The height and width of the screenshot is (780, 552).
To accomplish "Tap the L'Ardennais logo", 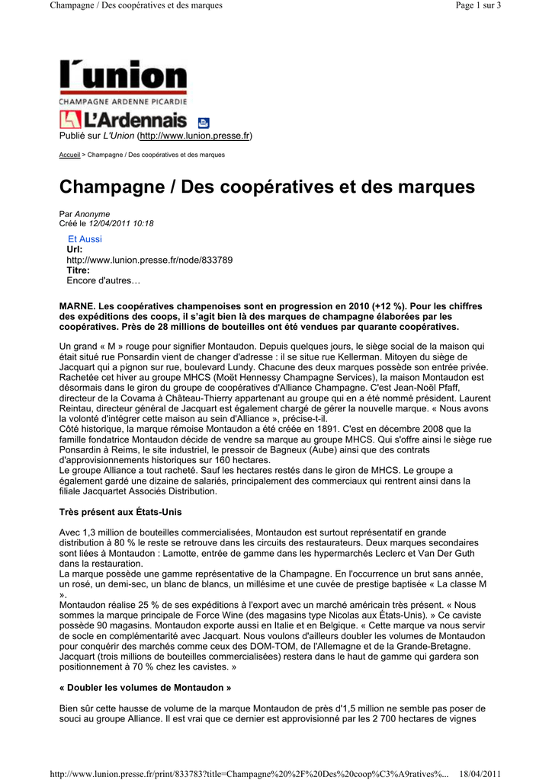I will coord(123,120).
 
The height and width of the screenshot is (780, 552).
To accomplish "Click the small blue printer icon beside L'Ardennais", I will coord(204,122).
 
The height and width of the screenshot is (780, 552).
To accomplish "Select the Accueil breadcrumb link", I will coord(69,155).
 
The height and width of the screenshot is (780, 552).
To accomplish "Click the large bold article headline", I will coord(267,187).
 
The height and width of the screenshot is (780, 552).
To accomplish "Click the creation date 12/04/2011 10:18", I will coord(121,224).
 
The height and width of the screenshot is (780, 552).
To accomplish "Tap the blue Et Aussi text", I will coord(85,239).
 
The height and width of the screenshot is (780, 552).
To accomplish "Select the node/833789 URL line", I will coord(149,260).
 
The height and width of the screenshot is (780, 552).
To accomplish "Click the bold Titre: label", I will coord(78,270).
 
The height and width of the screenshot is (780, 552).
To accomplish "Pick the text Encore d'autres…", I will coord(104,281).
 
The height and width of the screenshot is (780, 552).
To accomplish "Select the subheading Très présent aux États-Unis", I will coord(120,511).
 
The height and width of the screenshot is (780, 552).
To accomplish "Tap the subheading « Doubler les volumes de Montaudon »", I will coord(145,688).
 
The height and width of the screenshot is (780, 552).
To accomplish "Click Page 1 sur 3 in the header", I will coord(477,5).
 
